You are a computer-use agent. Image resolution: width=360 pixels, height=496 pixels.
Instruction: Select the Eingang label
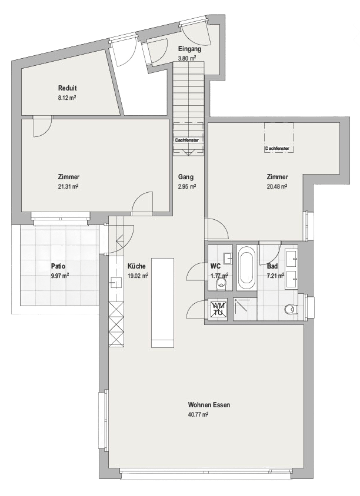[x=189, y=49]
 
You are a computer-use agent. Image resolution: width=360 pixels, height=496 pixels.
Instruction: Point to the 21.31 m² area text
[x=68, y=186]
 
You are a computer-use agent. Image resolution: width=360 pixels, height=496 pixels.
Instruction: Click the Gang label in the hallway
[x=186, y=177]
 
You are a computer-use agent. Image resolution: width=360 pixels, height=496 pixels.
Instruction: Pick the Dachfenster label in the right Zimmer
[x=277, y=149]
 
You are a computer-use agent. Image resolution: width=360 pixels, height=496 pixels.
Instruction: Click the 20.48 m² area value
[x=276, y=186]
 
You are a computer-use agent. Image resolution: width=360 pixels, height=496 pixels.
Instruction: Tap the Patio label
[x=59, y=266]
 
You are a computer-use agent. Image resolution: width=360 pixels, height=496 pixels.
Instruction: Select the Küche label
[x=135, y=266]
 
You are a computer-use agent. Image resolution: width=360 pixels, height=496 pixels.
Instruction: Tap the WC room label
[x=215, y=266]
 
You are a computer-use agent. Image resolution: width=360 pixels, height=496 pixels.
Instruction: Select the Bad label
[x=272, y=266]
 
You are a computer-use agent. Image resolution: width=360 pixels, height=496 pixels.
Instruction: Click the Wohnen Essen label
[x=209, y=405]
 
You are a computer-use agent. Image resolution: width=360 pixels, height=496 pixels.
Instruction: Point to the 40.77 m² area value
[x=199, y=414]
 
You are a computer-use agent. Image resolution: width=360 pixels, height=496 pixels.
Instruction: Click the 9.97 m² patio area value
[x=59, y=275]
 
